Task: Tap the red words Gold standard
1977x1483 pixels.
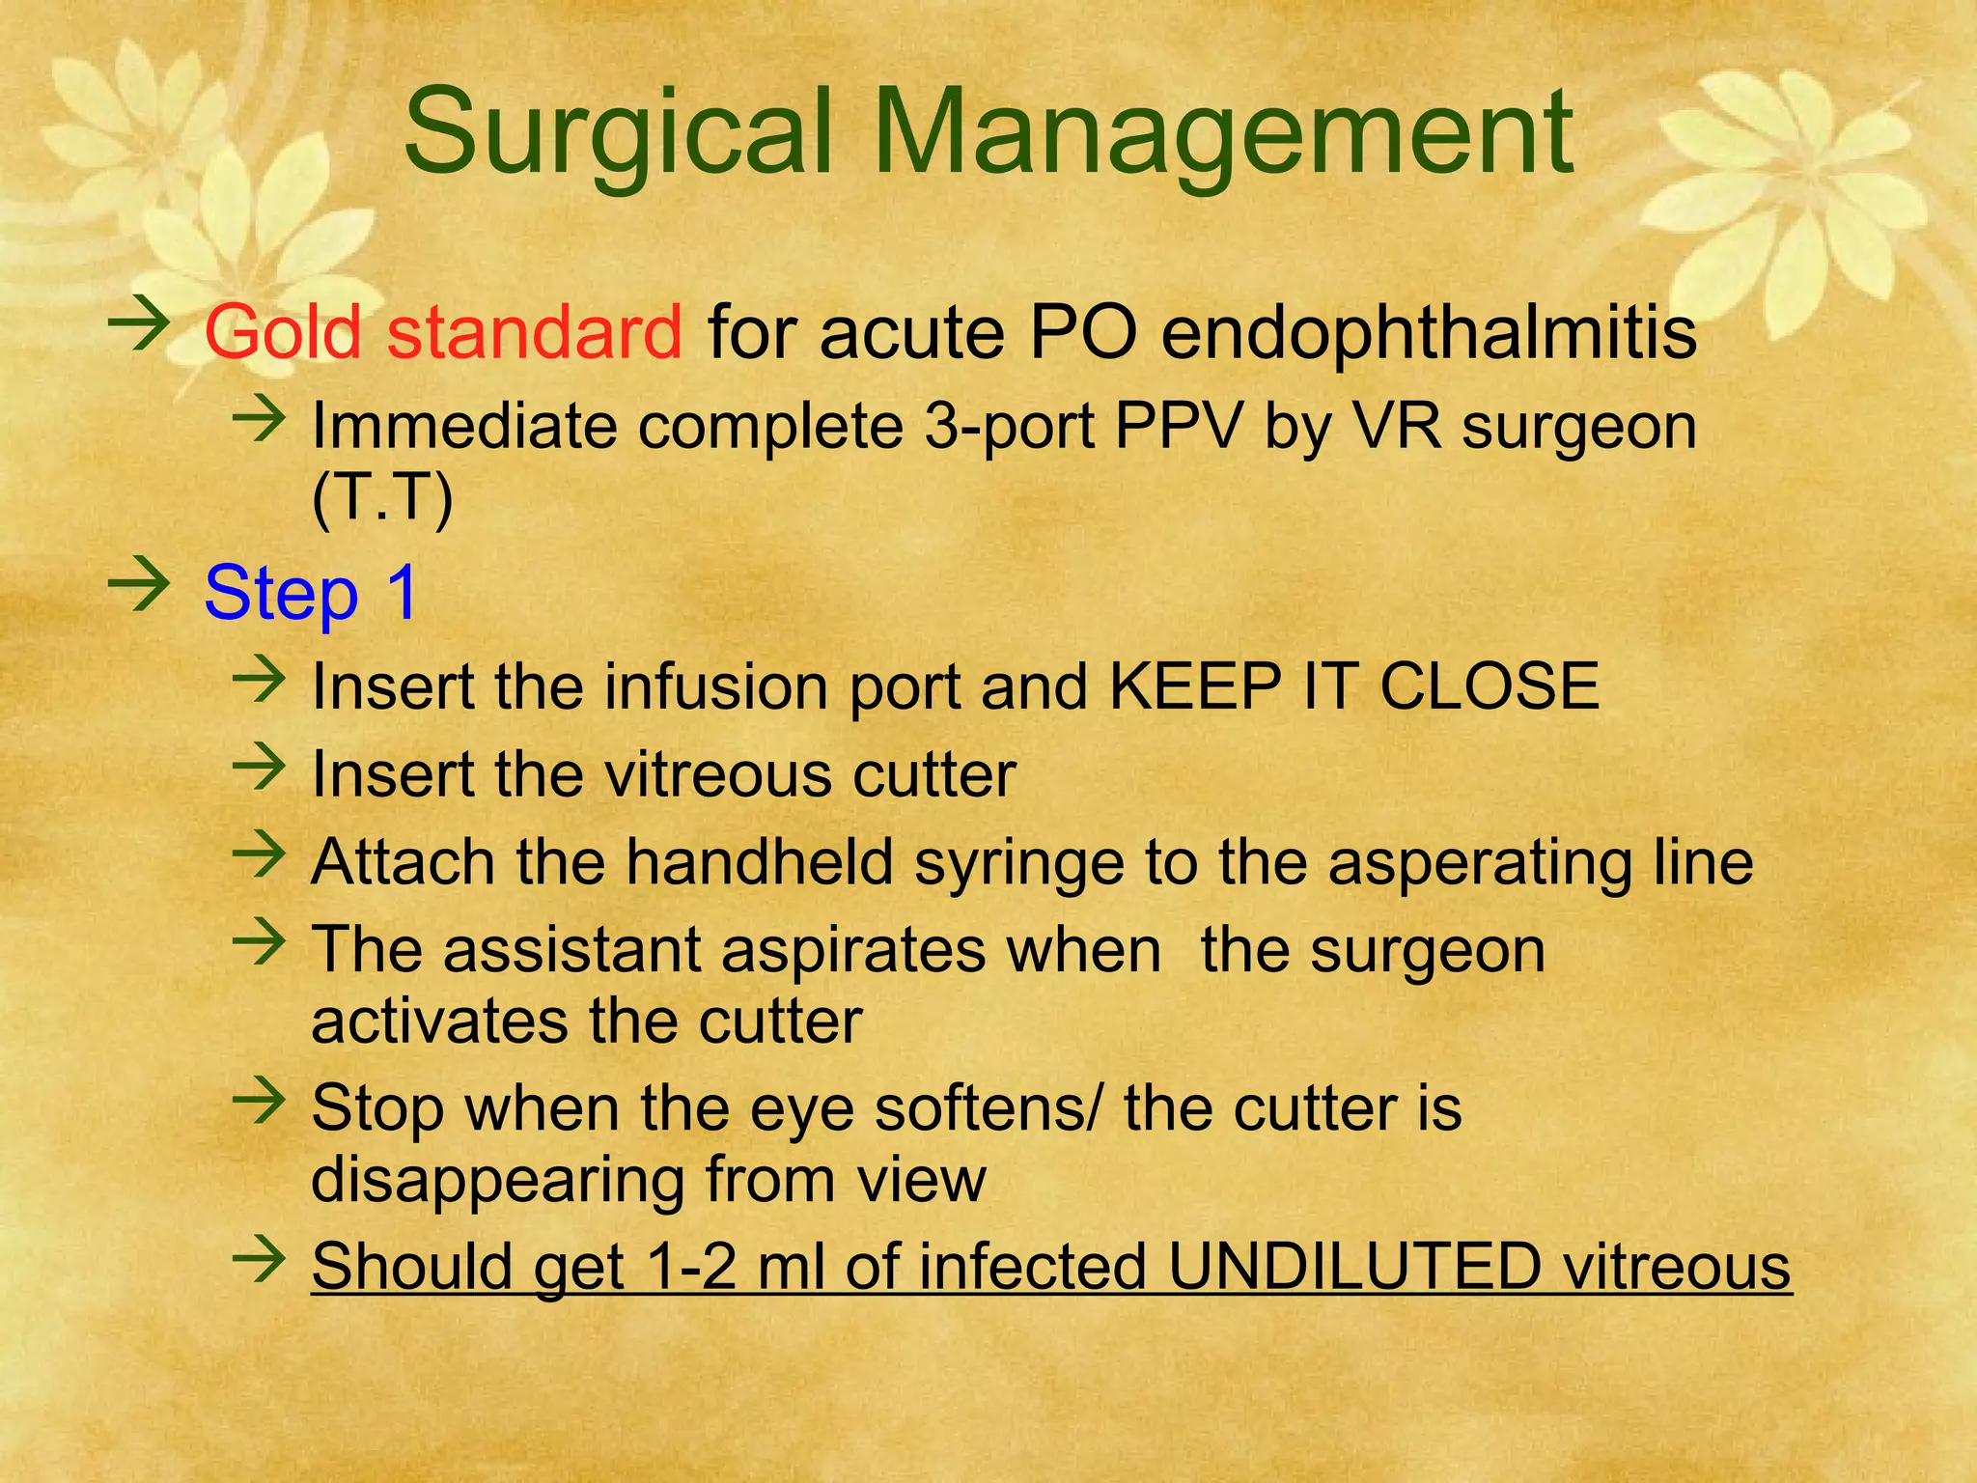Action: point(443,332)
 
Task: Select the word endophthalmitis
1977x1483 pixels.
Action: point(1428,332)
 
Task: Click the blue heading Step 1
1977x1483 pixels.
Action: point(311,592)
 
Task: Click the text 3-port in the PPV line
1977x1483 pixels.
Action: point(1009,427)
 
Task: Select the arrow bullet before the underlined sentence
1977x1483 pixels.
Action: point(259,1258)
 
